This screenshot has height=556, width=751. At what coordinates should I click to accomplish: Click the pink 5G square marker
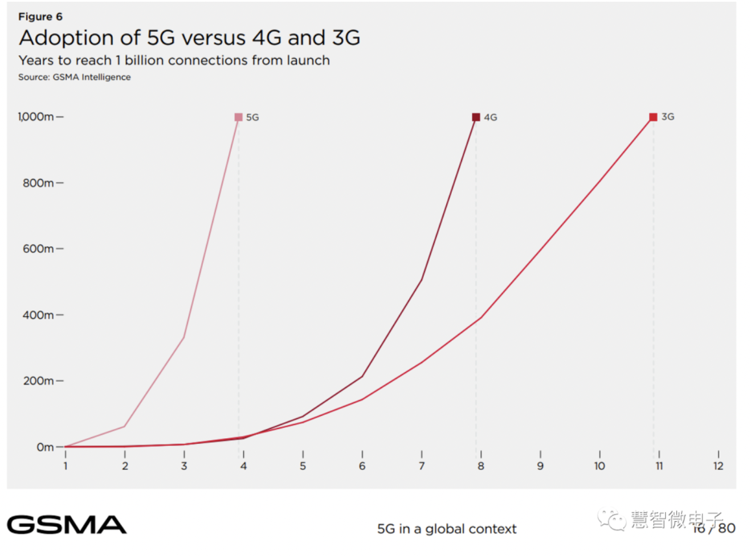(x=239, y=117)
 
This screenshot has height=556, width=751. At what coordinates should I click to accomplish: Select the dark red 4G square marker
(x=476, y=117)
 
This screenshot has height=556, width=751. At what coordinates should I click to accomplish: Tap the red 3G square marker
(x=654, y=117)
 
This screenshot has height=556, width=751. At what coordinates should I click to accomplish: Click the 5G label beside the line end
(x=252, y=117)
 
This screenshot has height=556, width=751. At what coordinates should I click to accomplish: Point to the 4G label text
(x=491, y=117)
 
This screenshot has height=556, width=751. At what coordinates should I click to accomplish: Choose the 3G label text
(x=668, y=117)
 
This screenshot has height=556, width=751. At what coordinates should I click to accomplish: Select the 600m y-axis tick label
(x=38, y=249)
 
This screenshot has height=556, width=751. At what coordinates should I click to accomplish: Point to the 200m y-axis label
(x=38, y=381)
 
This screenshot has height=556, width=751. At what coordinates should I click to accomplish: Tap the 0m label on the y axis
(x=45, y=447)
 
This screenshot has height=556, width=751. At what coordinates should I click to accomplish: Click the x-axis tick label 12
(x=719, y=466)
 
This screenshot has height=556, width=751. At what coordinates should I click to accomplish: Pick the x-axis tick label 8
(x=481, y=466)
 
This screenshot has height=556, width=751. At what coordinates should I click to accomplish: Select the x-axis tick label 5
(x=303, y=466)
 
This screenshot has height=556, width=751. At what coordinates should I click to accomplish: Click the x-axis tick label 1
(x=66, y=466)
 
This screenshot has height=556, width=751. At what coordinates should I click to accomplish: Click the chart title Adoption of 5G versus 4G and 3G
(x=189, y=38)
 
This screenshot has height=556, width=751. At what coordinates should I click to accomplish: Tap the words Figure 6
(x=40, y=17)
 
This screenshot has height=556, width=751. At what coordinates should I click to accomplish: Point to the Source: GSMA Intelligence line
(x=74, y=77)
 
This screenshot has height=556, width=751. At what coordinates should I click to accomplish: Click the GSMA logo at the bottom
(x=67, y=525)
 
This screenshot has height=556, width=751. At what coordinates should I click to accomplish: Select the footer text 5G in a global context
(x=447, y=529)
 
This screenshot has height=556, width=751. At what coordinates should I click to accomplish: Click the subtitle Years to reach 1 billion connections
(x=174, y=60)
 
